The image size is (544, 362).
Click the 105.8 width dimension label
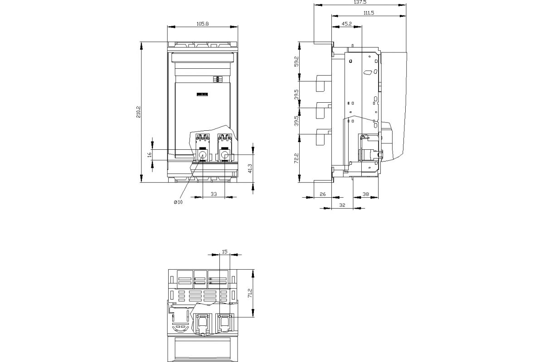(x=203, y=24)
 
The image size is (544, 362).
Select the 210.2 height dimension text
(x=138, y=112)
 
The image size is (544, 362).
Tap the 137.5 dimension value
(x=360, y=2)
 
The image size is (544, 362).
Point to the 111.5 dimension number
(x=369, y=13)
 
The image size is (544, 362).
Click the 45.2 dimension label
(x=346, y=24)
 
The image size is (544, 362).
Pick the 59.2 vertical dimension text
(x=296, y=62)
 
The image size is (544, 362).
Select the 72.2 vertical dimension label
(x=296, y=158)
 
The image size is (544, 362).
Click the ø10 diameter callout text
(x=178, y=202)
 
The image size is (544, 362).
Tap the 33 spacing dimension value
(x=214, y=194)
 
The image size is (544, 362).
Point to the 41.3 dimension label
(x=250, y=168)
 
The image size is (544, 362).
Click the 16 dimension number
(x=150, y=154)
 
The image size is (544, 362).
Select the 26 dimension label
(x=322, y=194)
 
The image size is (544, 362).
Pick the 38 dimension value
(x=365, y=194)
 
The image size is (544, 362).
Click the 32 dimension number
(x=342, y=205)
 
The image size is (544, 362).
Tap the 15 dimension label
(x=225, y=252)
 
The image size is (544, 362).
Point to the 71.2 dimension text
(x=250, y=293)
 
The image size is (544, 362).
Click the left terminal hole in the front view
(x=202, y=155)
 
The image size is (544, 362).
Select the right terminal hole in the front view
(x=225, y=155)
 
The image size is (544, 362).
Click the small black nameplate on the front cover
(x=202, y=94)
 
